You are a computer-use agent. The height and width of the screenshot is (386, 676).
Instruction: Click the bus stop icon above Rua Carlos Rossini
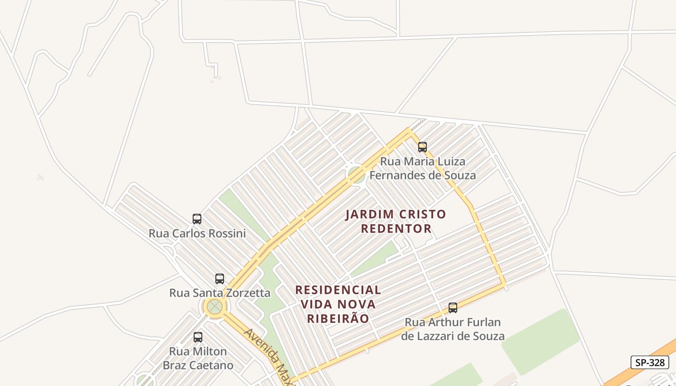[x=197, y=219]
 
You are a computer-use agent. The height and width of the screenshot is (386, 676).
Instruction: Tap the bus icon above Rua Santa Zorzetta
[x=220, y=278]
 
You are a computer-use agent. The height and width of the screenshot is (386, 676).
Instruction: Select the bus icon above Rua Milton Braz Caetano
[x=198, y=337]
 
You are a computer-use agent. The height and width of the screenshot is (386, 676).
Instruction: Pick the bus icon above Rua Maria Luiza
[x=422, y=147]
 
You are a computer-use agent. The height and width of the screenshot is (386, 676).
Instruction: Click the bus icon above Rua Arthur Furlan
[x=453, y=308]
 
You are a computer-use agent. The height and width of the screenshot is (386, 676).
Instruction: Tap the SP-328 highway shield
[x=650, y=363]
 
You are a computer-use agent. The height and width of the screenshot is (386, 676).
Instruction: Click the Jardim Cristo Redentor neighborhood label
[x=395, y=221]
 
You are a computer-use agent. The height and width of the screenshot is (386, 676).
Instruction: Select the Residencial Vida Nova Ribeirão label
[x=338, y=304]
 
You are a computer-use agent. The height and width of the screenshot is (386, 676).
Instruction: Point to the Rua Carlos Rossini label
[x=197, y=234]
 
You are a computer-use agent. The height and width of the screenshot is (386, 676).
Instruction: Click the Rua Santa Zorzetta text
[x=220, y=293]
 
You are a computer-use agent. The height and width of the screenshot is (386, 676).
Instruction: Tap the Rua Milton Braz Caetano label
[x=198, y=358]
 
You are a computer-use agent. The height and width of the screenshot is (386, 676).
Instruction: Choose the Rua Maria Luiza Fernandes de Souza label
[x=422, y=168]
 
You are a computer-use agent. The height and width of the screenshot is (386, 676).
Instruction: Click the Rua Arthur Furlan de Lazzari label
[x=453, y=329]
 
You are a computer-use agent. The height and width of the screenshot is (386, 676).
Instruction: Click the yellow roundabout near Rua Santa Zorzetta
[x=214, y=306]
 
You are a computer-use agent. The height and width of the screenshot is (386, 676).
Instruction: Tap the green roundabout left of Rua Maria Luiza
[x=356, y=174]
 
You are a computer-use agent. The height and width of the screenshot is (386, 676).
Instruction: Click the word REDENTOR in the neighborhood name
[x=396, y=228]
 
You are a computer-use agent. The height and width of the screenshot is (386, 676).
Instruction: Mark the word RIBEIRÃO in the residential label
[x=338, y=318]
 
